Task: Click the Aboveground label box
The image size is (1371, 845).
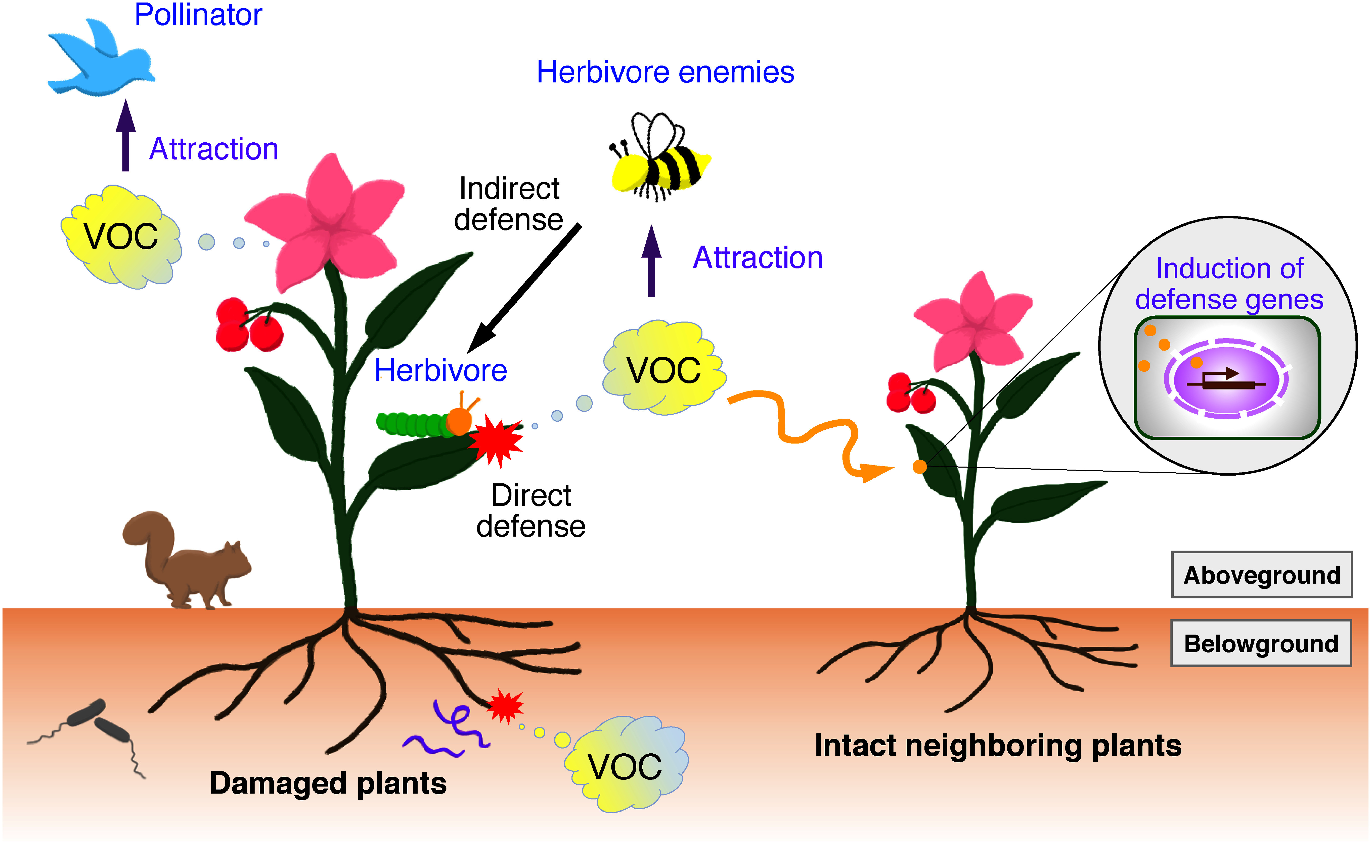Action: (x=1261, y=575)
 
